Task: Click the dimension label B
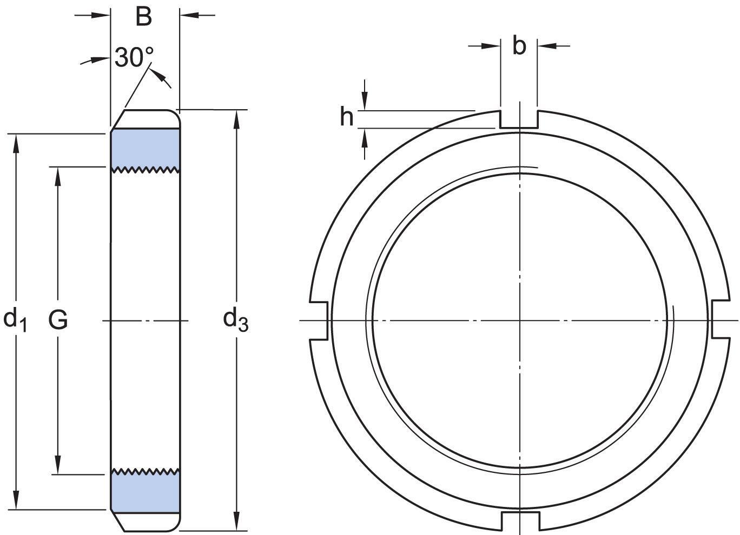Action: click(x=144, y=17)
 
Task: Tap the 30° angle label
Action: click(x=134, y=57)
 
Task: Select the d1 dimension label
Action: click(x=15, y=319)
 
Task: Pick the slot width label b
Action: click(x=519, y=46)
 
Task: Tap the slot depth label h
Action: click(x=346, y=116)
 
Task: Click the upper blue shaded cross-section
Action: click(x=145, y=148)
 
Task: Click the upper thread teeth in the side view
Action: click(x=145, y=170)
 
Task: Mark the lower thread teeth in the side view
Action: click(x=145, y=471)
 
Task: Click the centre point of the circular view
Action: click(x=520, y=320)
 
